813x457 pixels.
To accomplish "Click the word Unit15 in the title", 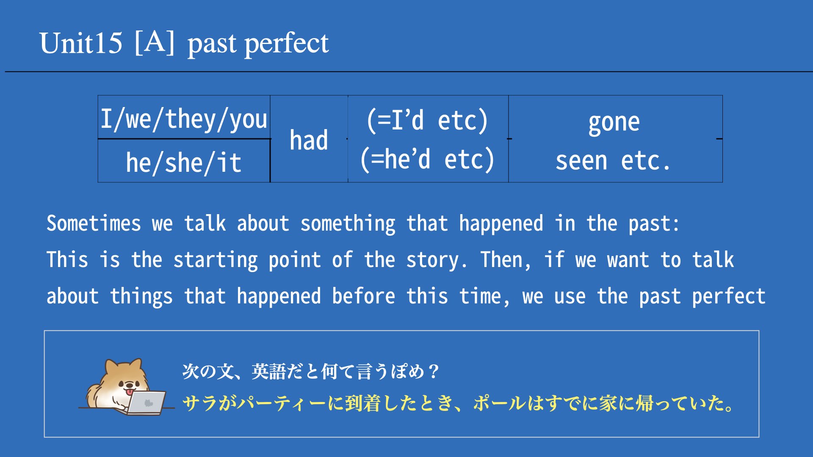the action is [81, 43].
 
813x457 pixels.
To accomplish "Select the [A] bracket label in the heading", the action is [155, 43].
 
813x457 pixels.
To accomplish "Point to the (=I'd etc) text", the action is [428, 121].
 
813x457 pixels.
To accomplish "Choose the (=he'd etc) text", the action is [427, 159].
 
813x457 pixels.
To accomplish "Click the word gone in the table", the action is [614, 123].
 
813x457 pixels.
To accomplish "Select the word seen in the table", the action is [581, 161].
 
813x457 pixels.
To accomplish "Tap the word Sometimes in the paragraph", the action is [94, 223].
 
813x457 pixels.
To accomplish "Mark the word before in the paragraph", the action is [364, 296].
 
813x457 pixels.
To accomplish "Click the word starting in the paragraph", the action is [216, 260].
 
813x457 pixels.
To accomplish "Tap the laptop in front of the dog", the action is [146, 402].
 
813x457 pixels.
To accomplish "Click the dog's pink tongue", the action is [129, 392].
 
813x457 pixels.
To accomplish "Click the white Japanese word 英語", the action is [268, 372].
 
